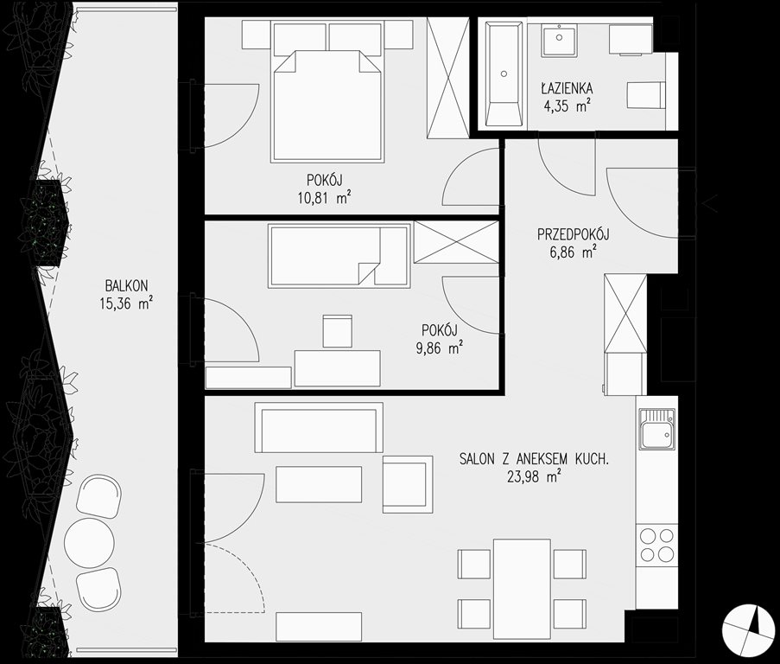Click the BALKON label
pyautogui.click(x=126, y=285)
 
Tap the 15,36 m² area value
pyautogui.click(x=126, y=303)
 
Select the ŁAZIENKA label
pyautogui.click(x=568, y=88)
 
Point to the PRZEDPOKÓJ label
pyautogui.click(x=574, y=234)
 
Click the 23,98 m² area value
pyautogui.click(x=535, y=477)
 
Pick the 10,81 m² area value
pyautogui.click(x=324, y=198)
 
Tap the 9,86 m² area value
pyautogui.click(x=440, y=348)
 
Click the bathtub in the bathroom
pyautogui.click(x=504, y=73)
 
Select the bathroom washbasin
pyautogui.click(x=560, y=39)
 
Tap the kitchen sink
pyautogui.click(x=657, y=428)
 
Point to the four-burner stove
pyautogui.click(x=656, y=545)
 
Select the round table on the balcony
pyautogui.click(x=90, y=542)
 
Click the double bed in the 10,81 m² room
pyautogui.click(x=328, y=106)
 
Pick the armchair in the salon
pyautogui.click(x=408, y=484)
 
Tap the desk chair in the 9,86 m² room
pyautogui.click(x=337, y=331)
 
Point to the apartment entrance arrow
pyautogui.click(x=709, y=203)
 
